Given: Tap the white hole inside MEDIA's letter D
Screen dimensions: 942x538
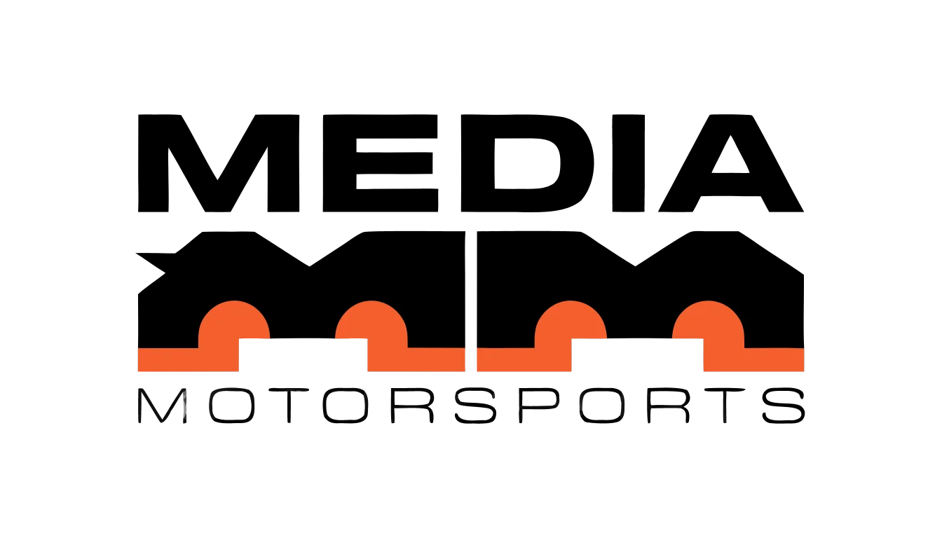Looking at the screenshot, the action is (x=526, y=163).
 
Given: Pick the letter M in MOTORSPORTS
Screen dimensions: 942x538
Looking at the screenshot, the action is (x=162, y=406).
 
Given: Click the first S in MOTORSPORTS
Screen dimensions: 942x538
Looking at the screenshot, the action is (x=475, y=406).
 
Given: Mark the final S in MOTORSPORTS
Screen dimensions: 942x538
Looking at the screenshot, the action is (x=784, y=406).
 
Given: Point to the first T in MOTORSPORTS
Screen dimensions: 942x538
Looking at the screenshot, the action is (x=289, y=406).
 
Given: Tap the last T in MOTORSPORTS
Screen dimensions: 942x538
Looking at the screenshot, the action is (x=725, y=406).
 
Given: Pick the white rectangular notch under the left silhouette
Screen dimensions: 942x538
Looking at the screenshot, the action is (x=303, y=354).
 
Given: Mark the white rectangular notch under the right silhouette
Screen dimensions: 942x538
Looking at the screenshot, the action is (x=637, y=354).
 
